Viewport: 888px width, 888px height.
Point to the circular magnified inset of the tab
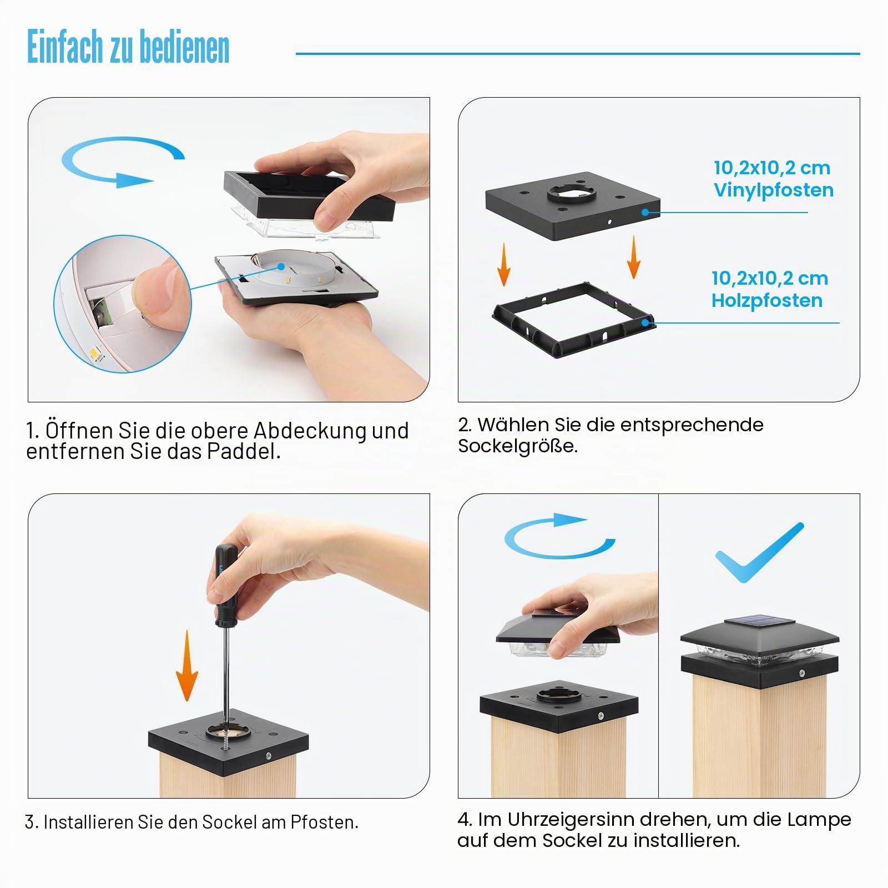coord(123,304)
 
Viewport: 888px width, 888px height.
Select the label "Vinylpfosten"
coord(774,190)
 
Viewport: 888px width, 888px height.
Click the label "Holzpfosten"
coord(767,300)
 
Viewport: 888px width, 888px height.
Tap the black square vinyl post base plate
coord(573,205)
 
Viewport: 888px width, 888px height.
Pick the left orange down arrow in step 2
coord(503,264)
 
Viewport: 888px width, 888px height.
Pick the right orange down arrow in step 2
coord(633,257)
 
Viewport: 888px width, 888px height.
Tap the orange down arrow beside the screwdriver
coord(187,665)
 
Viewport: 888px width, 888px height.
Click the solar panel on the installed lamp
coord(759,620)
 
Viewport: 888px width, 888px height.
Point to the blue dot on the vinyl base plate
coord(645,212)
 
